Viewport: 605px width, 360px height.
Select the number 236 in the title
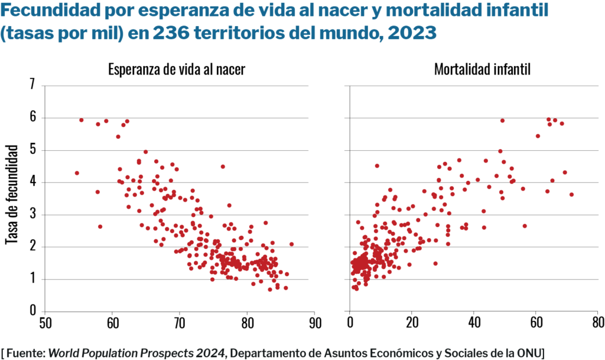tap(171, 33)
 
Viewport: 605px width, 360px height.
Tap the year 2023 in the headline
tap(412, 33)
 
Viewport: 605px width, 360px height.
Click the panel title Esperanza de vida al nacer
tap(177, 69)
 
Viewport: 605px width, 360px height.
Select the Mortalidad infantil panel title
tap(482, 69)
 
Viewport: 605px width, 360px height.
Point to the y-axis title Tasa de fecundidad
tap(12, 194)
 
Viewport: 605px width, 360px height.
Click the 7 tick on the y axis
tap(32, 84)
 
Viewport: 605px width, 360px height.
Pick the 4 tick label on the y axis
tap(32, 181)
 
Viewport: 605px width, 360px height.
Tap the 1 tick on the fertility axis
tap(33, 278)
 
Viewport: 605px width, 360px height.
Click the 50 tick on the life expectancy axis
tap(45, 323)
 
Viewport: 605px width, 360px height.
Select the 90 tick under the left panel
tap(315, 323)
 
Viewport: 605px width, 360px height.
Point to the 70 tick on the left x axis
tap(180, 323)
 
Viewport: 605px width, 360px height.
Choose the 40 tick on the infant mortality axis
tap(474, 323)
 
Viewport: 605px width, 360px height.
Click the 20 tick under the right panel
tap(412, 323)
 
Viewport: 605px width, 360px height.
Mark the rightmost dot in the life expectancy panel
tap(291, 244)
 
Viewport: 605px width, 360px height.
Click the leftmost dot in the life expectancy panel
tap(77, 173)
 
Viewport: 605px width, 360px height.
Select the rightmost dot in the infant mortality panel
tap(571, 194)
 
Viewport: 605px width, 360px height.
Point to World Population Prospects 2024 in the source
tap(136, 353)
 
